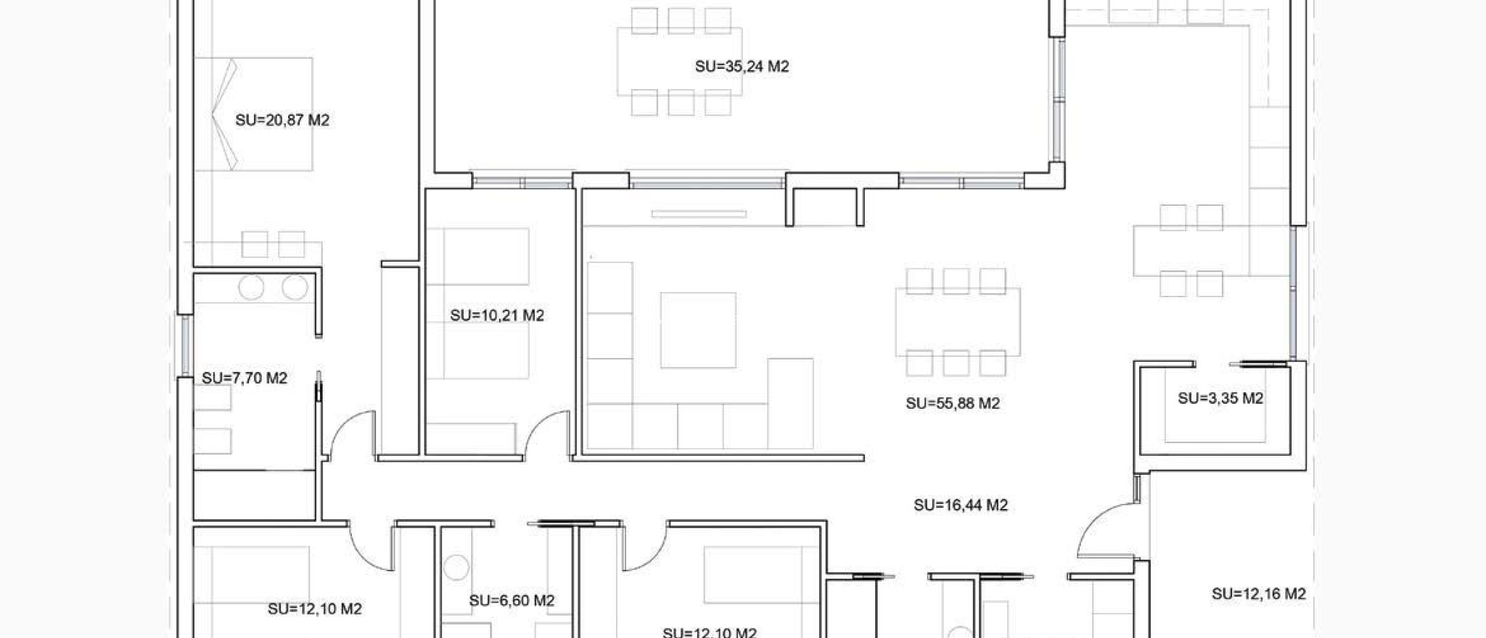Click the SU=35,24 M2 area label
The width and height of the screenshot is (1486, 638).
click(x=742, y=67)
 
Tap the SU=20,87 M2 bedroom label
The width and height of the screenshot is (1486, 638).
click(x=282, y=120)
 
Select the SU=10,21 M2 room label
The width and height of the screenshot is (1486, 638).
click(x=497, y=315)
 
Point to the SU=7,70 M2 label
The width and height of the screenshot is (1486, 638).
click(x=245, y=378)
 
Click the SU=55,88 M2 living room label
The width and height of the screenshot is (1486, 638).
click(x=953, y=403)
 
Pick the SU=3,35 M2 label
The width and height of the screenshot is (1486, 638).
click(x=1220, y=398)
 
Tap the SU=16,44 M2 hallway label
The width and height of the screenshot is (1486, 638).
click(x=961, y=505)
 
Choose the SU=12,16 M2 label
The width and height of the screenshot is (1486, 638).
click(x=1259, y=594)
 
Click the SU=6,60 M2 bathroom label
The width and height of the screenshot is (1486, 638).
click(x=512, y=600)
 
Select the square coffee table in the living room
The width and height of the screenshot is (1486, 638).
click(x=698, y=330)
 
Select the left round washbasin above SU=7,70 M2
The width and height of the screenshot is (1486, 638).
click(x=251, y=288)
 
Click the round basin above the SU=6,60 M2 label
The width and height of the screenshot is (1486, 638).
click(x=456, y=566)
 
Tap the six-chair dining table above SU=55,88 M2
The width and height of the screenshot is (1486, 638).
click(x=957, y=322)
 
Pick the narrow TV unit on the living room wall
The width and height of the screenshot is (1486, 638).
click(x=698, y=214)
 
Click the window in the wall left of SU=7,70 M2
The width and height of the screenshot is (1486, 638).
click(x=185, y=345)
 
